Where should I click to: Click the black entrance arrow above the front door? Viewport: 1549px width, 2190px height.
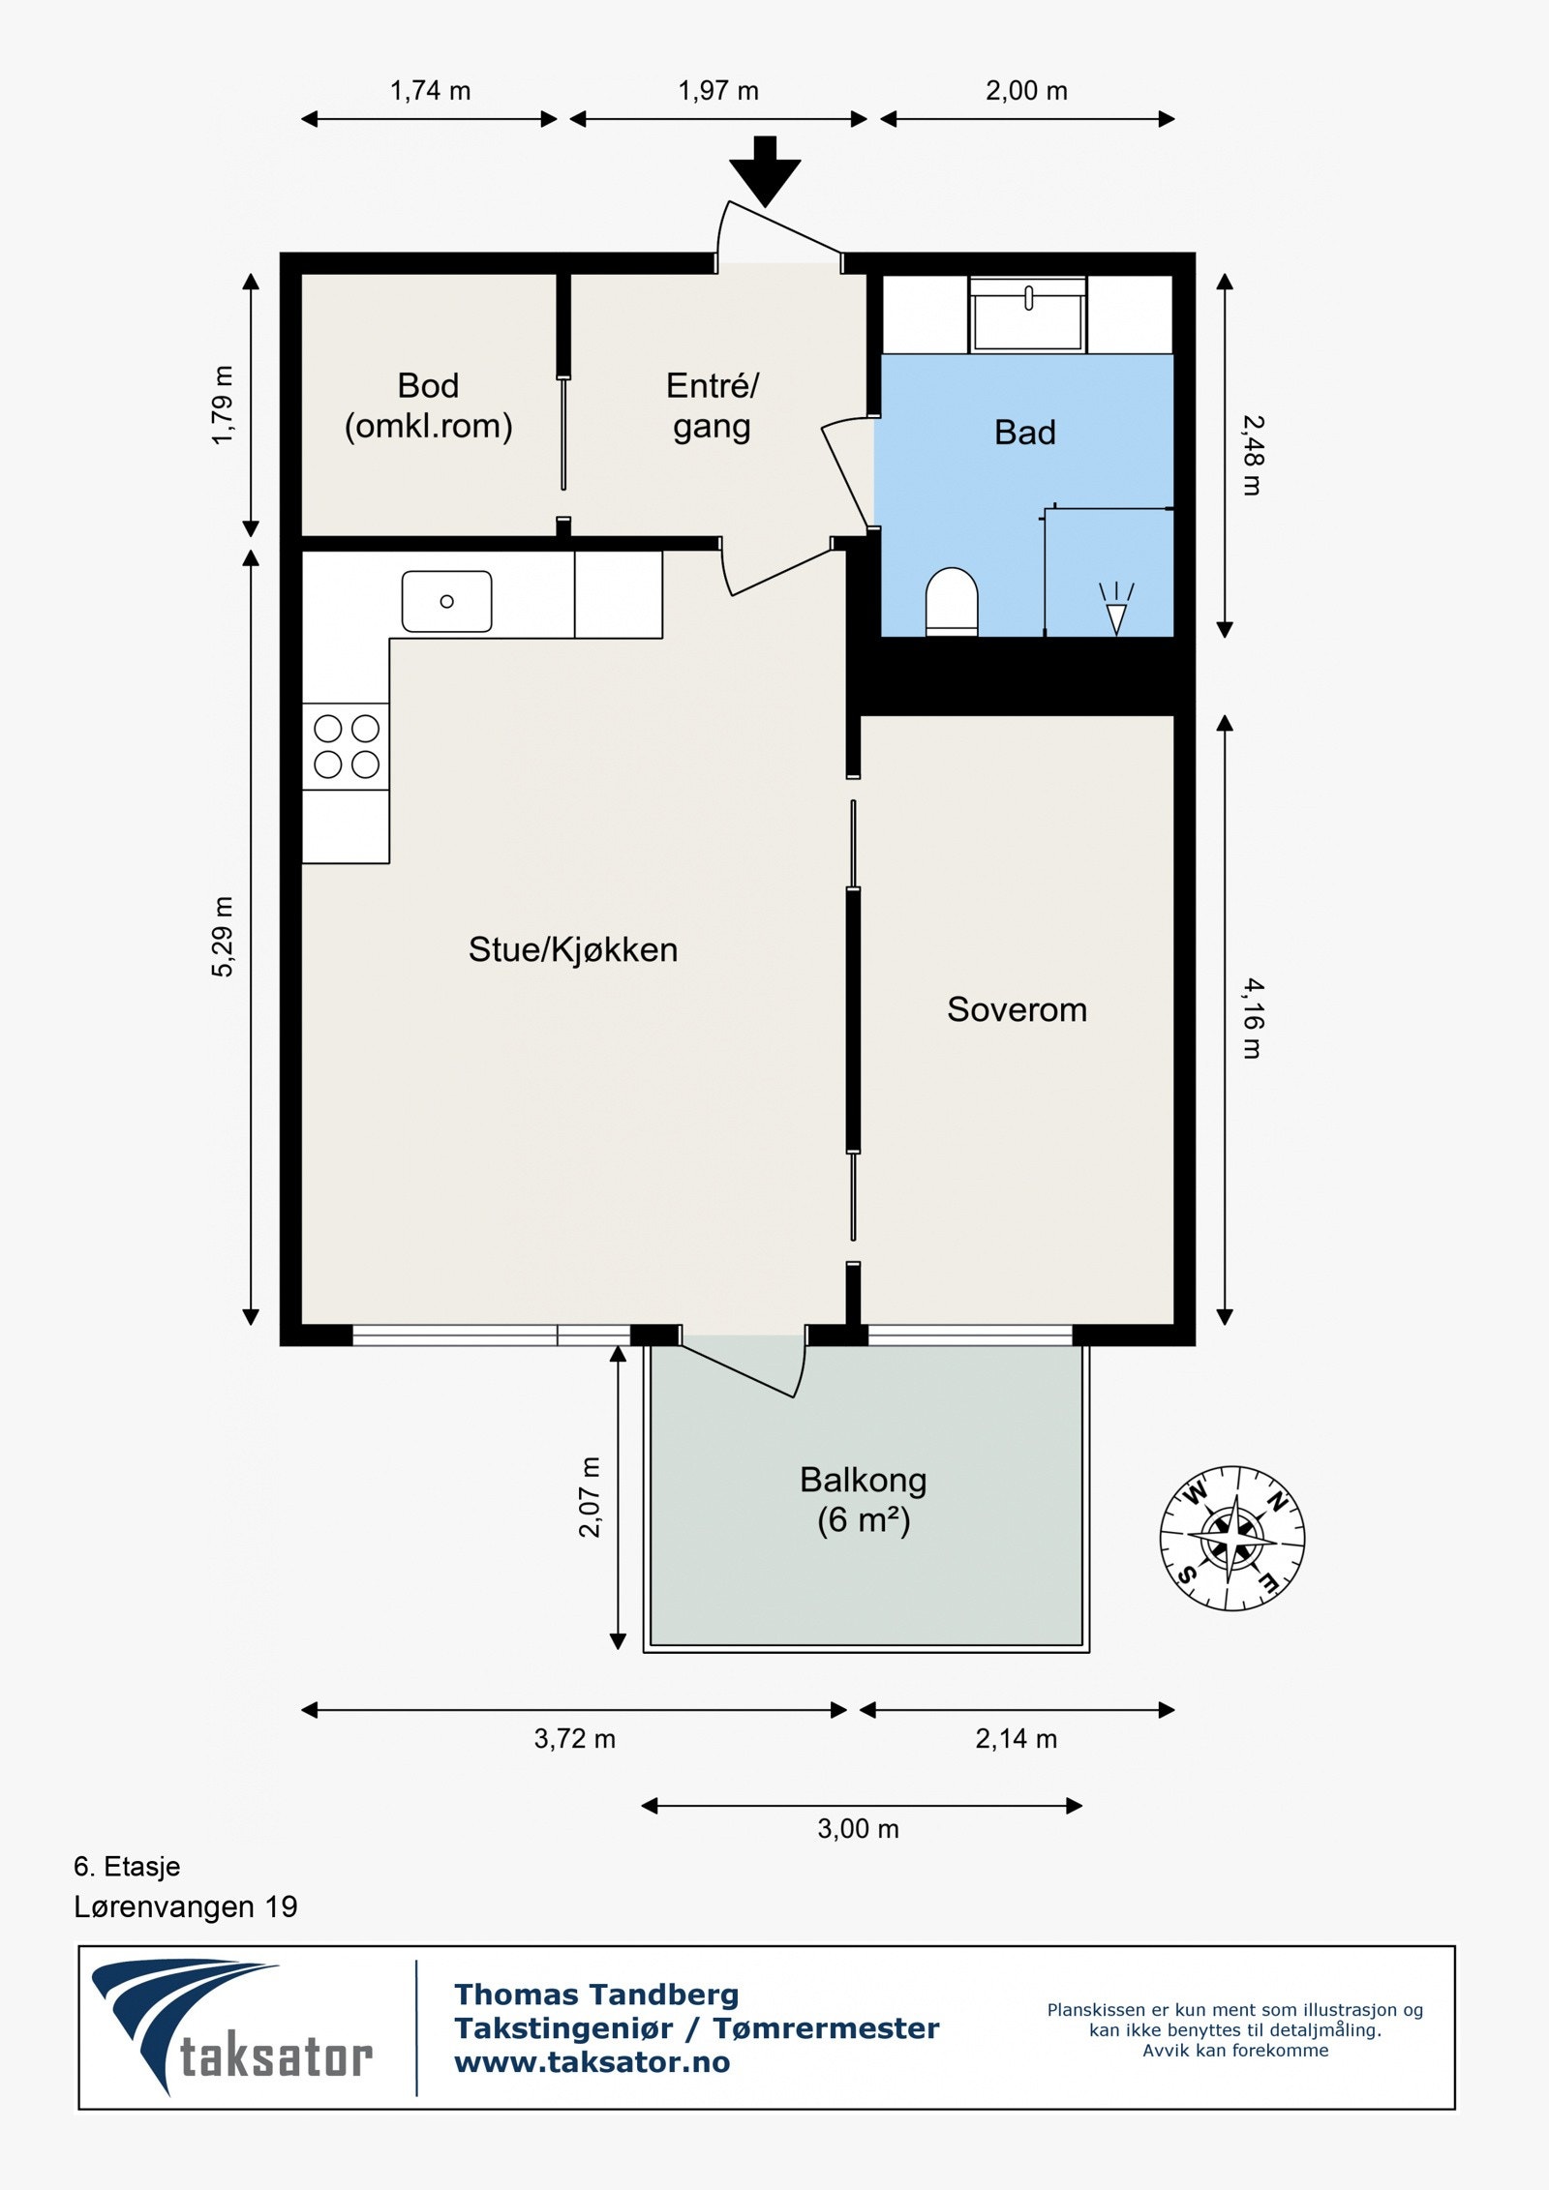tap(765, 171)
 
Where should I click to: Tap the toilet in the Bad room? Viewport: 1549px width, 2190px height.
tap(952, 601)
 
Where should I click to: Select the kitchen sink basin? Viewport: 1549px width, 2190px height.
tap(446, 601)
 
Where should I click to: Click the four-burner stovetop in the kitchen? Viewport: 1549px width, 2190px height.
tap(346, 746)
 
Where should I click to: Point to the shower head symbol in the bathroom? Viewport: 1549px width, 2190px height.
tap(1116, 609)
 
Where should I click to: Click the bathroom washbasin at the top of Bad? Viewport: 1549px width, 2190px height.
tap(1028, 315)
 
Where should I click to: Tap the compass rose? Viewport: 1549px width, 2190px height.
tap(1232, 1538)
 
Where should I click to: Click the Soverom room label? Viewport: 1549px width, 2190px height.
tap(1017, 1009)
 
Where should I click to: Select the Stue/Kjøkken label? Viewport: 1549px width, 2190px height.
tap(573, 949)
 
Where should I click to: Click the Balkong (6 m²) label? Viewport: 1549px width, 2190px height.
tap(864, 1500)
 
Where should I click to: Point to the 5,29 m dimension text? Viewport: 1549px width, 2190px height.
tap(223, 937)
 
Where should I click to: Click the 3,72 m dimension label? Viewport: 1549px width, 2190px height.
tap(575, 1739)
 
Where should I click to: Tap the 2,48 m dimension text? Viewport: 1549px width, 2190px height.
tap(1254, 455)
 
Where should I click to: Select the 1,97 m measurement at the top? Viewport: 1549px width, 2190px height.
tap(718, 91)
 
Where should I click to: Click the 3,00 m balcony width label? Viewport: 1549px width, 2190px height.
tap(859, 1829)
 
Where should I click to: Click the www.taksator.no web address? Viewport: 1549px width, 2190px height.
tap(592, 2062)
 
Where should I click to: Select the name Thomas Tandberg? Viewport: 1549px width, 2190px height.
tap(596, 1995)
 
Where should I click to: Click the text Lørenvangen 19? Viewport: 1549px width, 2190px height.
tap(186, 1907)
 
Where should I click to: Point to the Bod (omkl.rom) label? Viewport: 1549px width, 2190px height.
tap(429, 405)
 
